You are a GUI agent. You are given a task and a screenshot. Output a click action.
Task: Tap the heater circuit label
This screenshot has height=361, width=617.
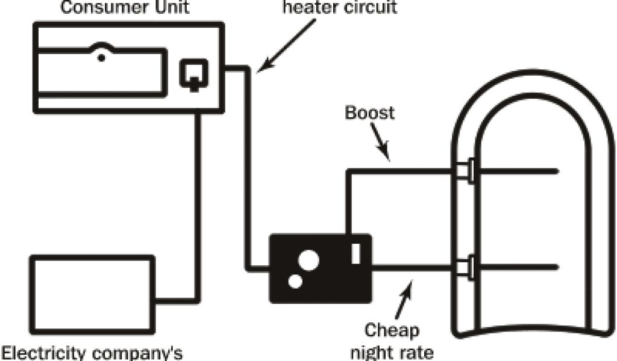click(x=340, y=8)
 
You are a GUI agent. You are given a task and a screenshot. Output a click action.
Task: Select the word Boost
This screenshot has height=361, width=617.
click(x=369, y=113)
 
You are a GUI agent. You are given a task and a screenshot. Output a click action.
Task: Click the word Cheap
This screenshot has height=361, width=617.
click(x=392, y=332)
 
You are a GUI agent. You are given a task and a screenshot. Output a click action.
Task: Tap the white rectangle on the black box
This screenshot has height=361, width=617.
click(x=355, y=252)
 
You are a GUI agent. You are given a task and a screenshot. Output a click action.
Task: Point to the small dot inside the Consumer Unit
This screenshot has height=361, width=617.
click(x=102, y=57)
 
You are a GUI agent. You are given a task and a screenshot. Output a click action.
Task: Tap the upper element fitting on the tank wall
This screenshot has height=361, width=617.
click(x=465, y=171)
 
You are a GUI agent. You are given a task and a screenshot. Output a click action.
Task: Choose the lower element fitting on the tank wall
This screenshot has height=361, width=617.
click(x=465, y=267)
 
